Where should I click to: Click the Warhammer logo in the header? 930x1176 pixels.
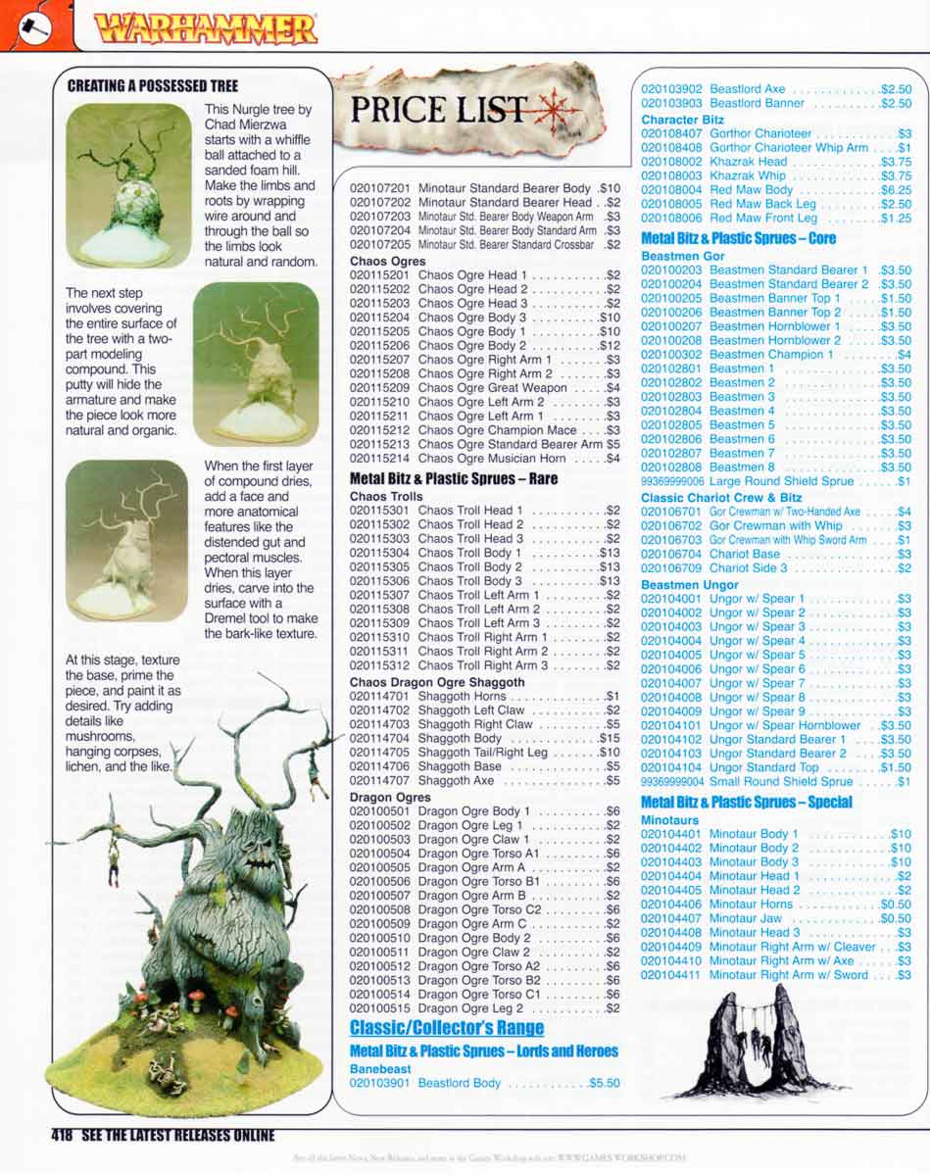(206, 29)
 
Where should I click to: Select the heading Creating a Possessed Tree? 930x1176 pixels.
(153, 86)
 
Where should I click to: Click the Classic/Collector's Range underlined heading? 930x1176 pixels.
(447, 1028)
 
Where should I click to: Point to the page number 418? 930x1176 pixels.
(64, 1136)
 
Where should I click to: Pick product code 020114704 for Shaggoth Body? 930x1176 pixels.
(380, 738)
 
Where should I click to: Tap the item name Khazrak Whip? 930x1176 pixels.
(748, 175)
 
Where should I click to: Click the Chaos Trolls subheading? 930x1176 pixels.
(386, 497)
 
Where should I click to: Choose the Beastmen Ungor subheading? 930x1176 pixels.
(690, 584)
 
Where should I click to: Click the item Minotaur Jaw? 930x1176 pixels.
(746, 919)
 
